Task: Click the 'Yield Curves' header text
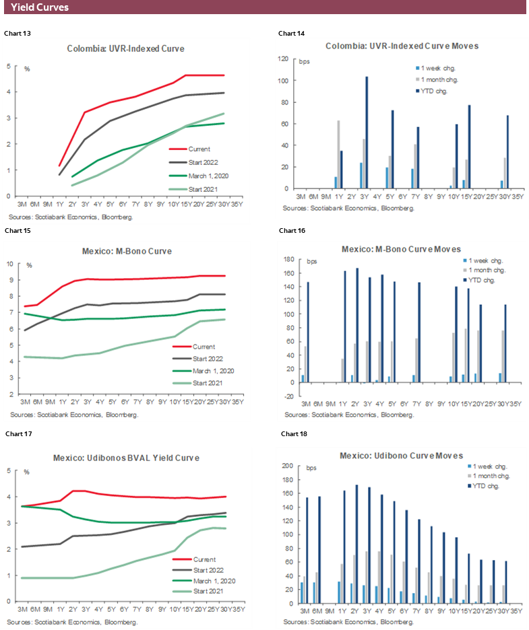40,7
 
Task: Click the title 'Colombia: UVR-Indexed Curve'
125,48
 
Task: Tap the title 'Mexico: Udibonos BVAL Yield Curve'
126,458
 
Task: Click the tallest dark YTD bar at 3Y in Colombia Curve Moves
367,133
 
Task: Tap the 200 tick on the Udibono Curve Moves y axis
286,466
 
